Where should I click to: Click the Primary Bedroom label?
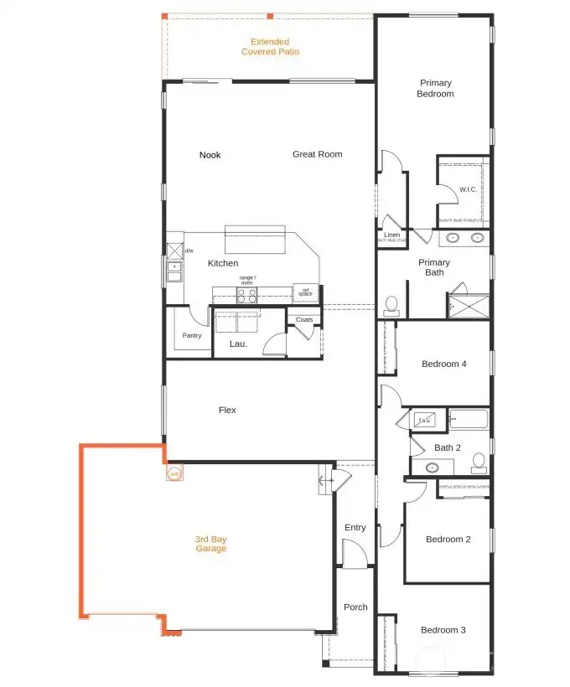pos(435,88)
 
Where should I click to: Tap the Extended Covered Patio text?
pos(270,46)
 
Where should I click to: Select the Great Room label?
pos(317,154)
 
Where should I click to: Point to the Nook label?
pos(210,155)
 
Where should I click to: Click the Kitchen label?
pos(223,263)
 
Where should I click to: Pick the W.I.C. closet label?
pos(468,189)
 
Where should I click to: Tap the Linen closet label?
pos(391,235)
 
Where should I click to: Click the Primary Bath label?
pos(434,267)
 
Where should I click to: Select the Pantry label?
pos(192,336)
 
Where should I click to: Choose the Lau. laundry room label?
pos(237,343)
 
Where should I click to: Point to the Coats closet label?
pos(304,319)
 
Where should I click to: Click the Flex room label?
pos(227,410)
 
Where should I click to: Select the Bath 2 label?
pos(447,447)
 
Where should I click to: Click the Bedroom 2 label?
pos(448,539)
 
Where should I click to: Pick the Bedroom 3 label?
pos(443,630)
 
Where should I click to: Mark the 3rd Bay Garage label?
pos(211,544)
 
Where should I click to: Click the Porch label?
pos(355,607)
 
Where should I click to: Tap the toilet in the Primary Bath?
pos(391,304)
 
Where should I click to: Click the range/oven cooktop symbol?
pos(246,295)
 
